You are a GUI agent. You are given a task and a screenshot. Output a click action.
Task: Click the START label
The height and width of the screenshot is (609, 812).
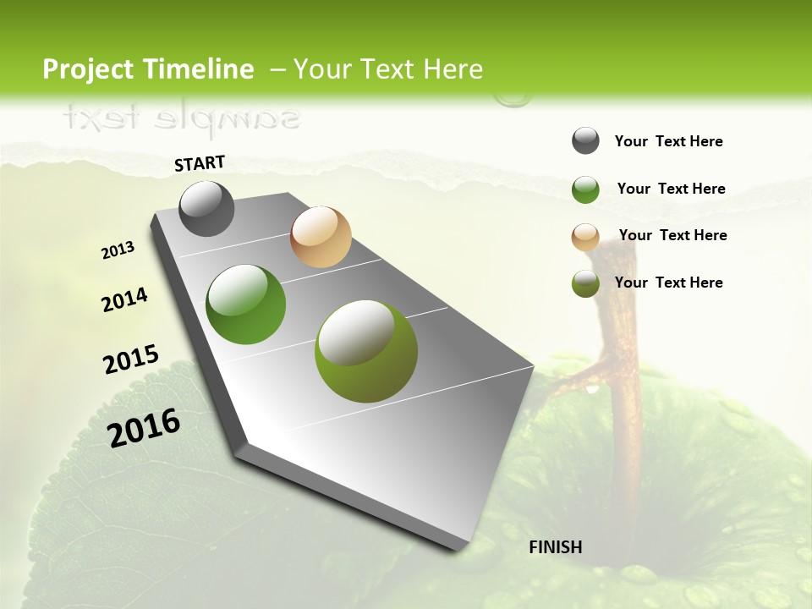coord(200,162)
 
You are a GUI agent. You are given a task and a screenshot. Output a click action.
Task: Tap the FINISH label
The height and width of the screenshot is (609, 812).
coord(555,547)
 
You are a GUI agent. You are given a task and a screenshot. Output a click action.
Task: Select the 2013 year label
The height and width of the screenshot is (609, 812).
coord(118,250)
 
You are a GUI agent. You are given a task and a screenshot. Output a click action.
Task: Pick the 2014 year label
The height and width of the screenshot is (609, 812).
coord(125,299)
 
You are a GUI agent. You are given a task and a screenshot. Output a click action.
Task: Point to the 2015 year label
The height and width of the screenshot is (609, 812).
coord(131,359)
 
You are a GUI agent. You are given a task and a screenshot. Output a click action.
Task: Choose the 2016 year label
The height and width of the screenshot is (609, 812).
coord(145,427)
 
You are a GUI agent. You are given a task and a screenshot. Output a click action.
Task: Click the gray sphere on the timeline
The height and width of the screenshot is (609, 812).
coord(207,208)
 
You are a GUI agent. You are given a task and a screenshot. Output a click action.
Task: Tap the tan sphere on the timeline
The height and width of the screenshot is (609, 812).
coord(321,237)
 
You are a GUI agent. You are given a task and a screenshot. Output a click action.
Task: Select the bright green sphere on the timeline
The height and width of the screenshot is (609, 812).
coord(246,304)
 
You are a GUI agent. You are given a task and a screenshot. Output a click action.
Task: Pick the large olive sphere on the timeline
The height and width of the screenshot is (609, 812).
coord(366,350)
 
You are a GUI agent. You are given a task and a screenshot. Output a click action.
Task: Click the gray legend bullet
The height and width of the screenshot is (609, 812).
coord(585,141)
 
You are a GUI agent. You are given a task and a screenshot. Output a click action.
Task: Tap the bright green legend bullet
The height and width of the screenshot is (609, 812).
coord(585,189)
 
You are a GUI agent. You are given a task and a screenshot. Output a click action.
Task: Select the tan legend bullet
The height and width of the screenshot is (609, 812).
coord(585,237)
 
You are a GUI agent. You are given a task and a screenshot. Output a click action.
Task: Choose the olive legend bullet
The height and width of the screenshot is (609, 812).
coord(585,284)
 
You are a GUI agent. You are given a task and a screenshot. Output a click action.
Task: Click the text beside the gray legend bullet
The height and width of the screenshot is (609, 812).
coord(668,141)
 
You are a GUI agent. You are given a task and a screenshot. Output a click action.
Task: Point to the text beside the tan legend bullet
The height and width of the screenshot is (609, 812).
coord(672,235)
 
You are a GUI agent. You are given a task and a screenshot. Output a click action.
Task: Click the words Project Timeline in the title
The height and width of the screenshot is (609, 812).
coord(148,69)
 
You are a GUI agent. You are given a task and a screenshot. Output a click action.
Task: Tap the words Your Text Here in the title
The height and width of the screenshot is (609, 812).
coord(388,69)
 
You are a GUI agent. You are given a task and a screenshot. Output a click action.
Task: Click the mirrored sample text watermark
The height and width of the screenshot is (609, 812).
coord(182,118)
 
